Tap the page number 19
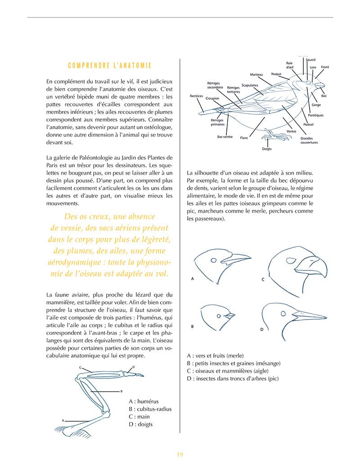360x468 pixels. [x=180, y=454]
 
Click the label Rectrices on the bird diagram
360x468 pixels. [x=196, y=96]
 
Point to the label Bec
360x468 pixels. [x=324, y=96]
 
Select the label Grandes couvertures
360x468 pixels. [x=309, y=140]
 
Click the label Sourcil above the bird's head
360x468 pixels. [x=310, y=60]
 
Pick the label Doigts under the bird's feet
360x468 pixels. [x=266, y=149]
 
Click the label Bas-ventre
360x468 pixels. [x=225, y=136]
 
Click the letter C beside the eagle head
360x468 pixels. [x=263, y=279]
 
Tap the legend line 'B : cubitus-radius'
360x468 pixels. [x=150, y=409]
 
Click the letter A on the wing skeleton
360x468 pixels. [x=63, y=420]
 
